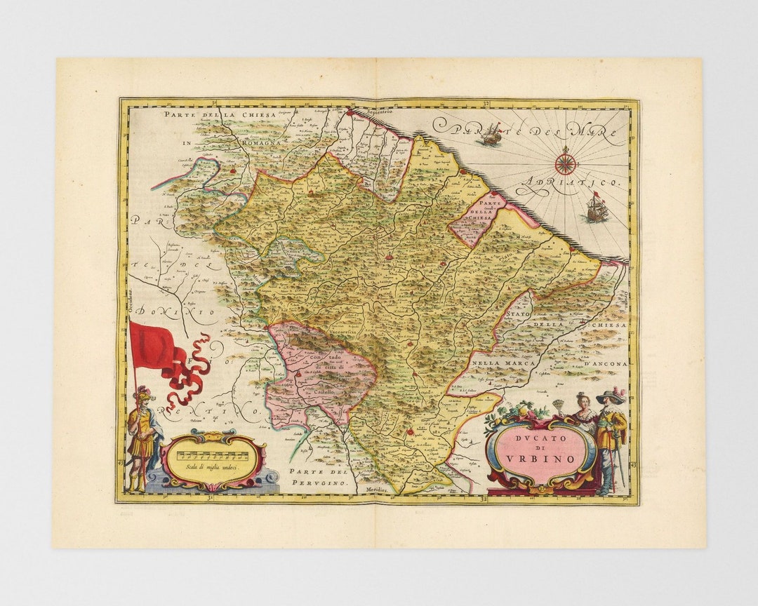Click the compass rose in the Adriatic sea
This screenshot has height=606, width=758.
pos(565,164)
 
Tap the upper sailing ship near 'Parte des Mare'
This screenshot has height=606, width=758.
pos(490,135)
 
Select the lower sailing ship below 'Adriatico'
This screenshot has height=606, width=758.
pos(596,208)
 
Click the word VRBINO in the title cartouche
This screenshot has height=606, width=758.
pos(542,459)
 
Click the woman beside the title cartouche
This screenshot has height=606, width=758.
pos(583,412)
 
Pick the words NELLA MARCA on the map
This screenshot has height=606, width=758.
pos(500,363)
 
